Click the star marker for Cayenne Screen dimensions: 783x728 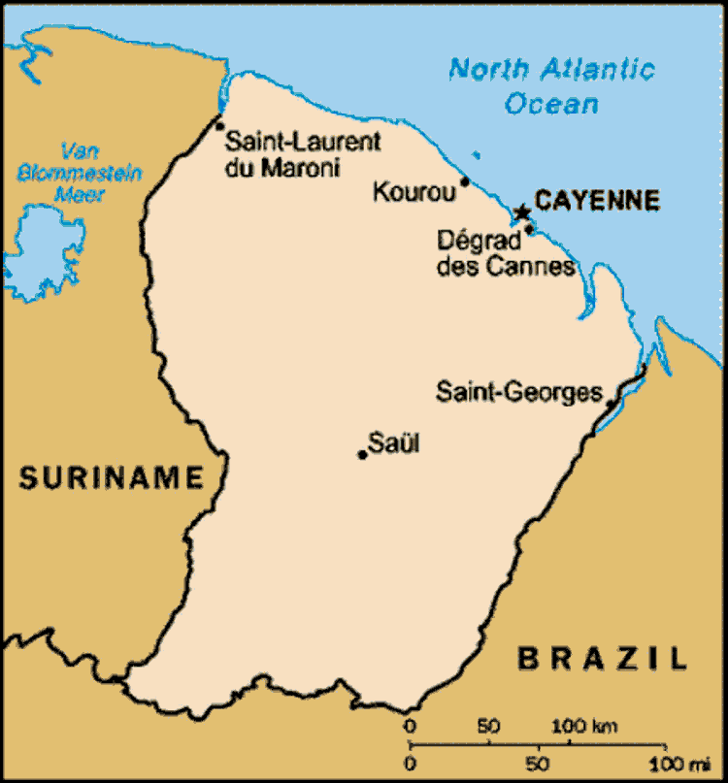[x=522, y=212]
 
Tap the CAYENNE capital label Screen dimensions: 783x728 [x=598, y=201]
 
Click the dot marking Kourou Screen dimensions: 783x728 [x=465, y=181]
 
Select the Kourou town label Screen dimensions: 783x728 [x=414, y=193]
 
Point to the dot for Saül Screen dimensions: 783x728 [x=362, y=454]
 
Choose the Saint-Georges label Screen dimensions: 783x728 [x=519, y=393]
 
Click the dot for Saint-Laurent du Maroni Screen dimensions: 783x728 [x=219, y=125]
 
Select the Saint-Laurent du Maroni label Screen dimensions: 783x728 [x=302, y=155]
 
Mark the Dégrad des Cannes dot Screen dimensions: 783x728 [x=529, y=230]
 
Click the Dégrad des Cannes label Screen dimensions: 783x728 [x=505, y=252]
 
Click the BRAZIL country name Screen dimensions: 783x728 [x=602, y=658]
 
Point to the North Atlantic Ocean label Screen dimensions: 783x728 [x=551, y=85]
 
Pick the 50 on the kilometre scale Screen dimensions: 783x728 [x=490, y=725]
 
